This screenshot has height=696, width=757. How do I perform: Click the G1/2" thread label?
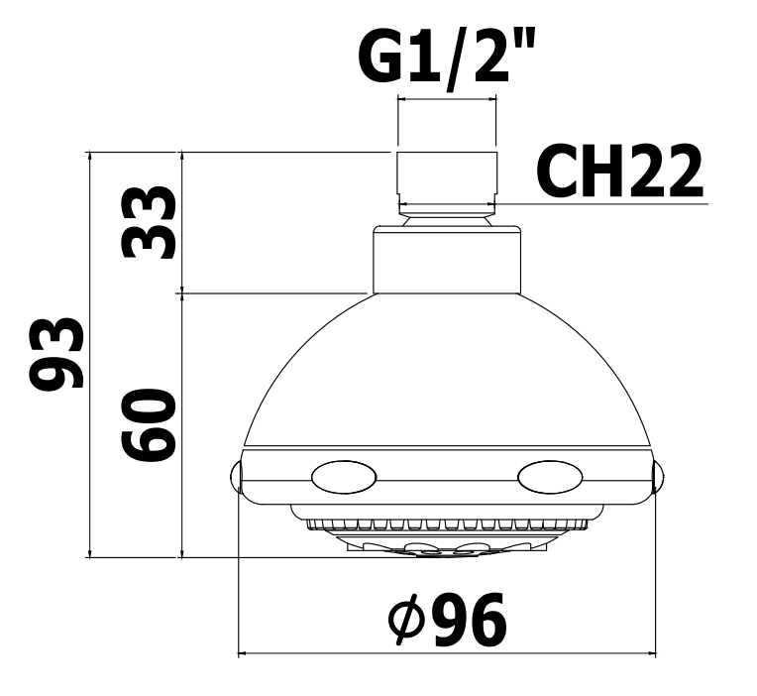pos(447,58)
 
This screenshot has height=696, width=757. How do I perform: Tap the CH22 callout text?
pos(619,171)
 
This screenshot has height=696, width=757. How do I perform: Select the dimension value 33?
pos(149,223)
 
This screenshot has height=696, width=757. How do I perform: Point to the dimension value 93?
pos(56,353)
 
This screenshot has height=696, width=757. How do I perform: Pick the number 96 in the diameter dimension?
pos(470,620)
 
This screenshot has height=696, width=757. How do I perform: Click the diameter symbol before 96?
pos(406,620)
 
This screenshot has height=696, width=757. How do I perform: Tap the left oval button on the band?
pos(344,478)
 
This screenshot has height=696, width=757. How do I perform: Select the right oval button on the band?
pos(550,478)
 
